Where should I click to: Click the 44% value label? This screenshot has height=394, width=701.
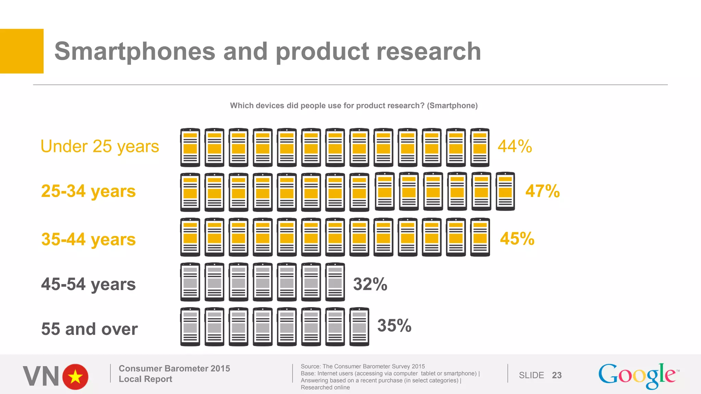click(x=514, y=146)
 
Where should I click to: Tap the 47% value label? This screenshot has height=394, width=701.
click(x=542, y=191)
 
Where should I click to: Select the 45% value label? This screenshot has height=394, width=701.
click(x=517, y=239)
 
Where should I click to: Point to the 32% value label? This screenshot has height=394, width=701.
click(x=370, y=284)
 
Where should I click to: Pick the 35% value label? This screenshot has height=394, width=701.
click(x=394, y=325)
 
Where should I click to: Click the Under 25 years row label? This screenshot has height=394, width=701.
click(x=100, y=147)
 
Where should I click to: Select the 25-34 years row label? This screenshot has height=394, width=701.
click(x=88, y=191)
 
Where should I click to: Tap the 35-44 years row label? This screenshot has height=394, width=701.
click(x=88, y=239)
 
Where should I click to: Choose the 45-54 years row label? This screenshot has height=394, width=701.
click(x=88, y=284)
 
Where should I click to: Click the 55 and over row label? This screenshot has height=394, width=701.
click(x=89, y=329)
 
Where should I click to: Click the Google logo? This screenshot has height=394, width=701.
click(x=638, y=376)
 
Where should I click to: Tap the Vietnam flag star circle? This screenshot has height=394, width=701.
click(x=75, y=377)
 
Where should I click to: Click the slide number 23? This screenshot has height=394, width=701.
click(x=557, y=375)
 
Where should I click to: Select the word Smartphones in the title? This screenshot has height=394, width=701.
click(x=135, y=51)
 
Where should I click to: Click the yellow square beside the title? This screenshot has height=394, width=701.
click(x=22, y=51)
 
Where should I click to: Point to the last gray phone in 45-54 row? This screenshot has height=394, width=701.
click(x=335, y=282)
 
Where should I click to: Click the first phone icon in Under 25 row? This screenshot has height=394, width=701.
click(x=190, y=147)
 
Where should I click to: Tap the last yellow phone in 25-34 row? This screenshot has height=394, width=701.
click(x=505, y=191)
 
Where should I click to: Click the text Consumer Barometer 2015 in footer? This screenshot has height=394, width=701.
click(x=174, y=368)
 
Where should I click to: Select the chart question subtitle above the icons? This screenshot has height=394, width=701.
click(x=354, y=105)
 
